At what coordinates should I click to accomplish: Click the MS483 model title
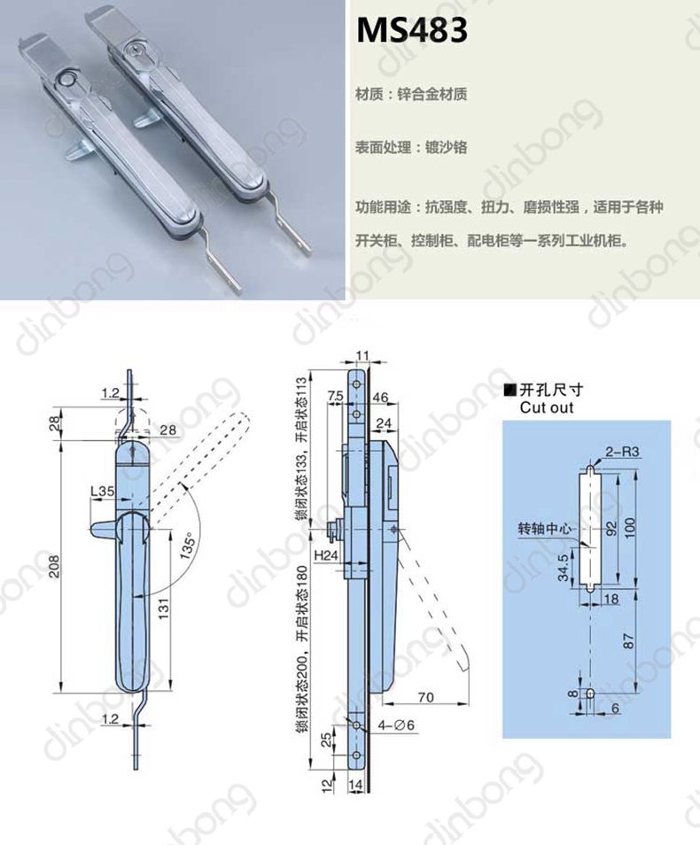[411, 30]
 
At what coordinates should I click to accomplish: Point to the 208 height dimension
[54, 566]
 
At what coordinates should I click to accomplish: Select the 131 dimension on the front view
[164, 608]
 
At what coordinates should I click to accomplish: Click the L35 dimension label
[103, 491]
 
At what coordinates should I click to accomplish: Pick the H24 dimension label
[326, 554]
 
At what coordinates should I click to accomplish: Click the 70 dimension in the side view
[425, 697]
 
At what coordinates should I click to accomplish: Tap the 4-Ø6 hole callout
[396, 725]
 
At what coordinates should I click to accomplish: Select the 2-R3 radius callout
[622, 452]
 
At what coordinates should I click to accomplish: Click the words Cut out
[547, 408]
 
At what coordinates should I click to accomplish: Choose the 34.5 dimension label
[563, 568]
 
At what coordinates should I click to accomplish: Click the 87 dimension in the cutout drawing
[628, 640]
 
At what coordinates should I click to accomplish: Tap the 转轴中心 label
[544, 529]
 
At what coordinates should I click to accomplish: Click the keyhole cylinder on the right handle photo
[133, 50]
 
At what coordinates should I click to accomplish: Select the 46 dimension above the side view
[379, 397]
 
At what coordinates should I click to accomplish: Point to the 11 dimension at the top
[362, 356]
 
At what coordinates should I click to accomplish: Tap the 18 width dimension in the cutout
[611, 599]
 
